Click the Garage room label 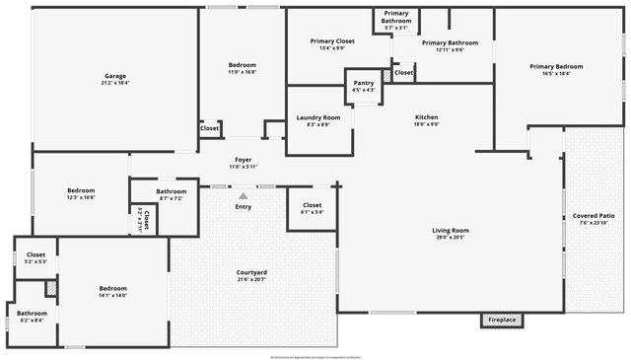pos(115,76)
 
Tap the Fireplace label pos(503,321)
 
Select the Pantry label pos(364,83)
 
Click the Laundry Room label pos(318,117)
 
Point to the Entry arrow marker pos(243,196)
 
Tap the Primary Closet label pos(332,41)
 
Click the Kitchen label pos(426,116)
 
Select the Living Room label pos(450,231)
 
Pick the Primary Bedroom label pos(556,66)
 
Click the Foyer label pos(243,160)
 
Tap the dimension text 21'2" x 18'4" pos(115,84)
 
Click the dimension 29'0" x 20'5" pos(450,238)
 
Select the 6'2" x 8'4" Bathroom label pos(32,314)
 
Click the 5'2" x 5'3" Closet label pos(35,255)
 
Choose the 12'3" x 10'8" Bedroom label pos(81,190)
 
